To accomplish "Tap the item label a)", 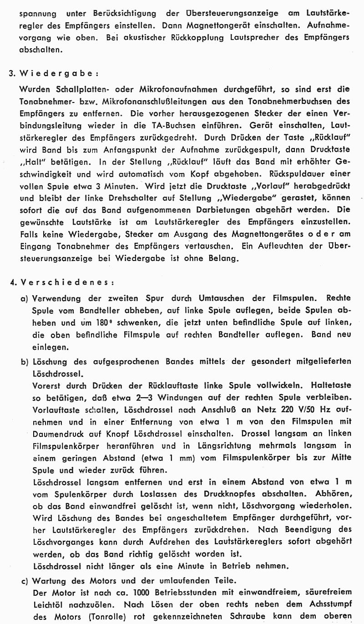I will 25,298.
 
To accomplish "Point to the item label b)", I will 25,362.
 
